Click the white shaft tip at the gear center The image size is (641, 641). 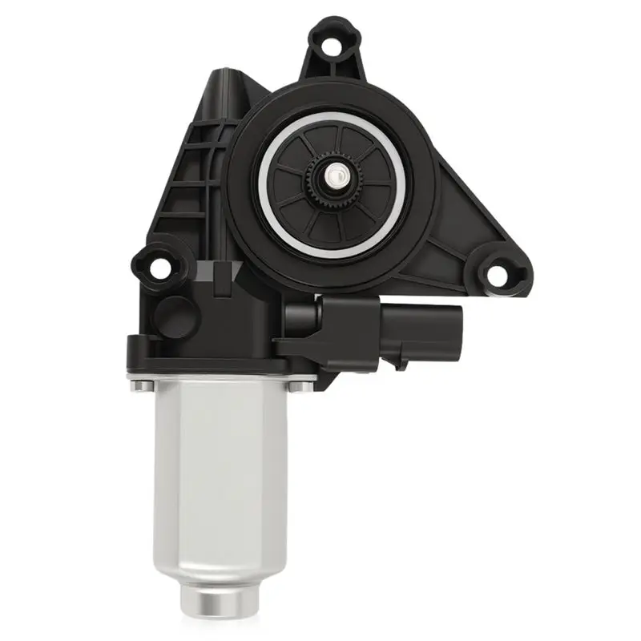(331, 171)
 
